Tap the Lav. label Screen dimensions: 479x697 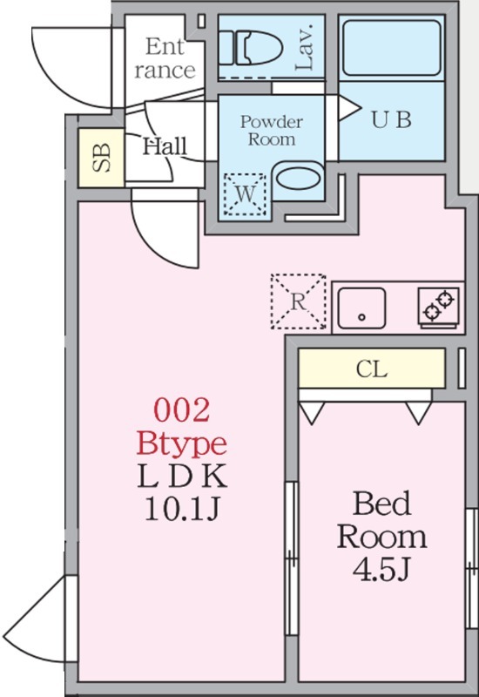pos(306,47)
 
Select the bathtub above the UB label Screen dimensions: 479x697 pos(392,48)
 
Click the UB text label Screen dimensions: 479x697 pos(391,119)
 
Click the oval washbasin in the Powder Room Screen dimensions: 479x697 pos(298,179)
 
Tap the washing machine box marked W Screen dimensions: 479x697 pos(246,194)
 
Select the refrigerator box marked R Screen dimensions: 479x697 pos(298,301)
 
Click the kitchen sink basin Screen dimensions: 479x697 pos(361,308)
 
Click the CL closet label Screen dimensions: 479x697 pos(372,369)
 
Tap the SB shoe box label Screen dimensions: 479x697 pos(102,158)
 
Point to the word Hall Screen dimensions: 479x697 pos(165,146)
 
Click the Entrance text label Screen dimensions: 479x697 pos(165,58)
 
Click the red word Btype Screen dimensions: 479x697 pos(181,443)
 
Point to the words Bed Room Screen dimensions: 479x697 pos(381,520)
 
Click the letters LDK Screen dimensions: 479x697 pos(182,476)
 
